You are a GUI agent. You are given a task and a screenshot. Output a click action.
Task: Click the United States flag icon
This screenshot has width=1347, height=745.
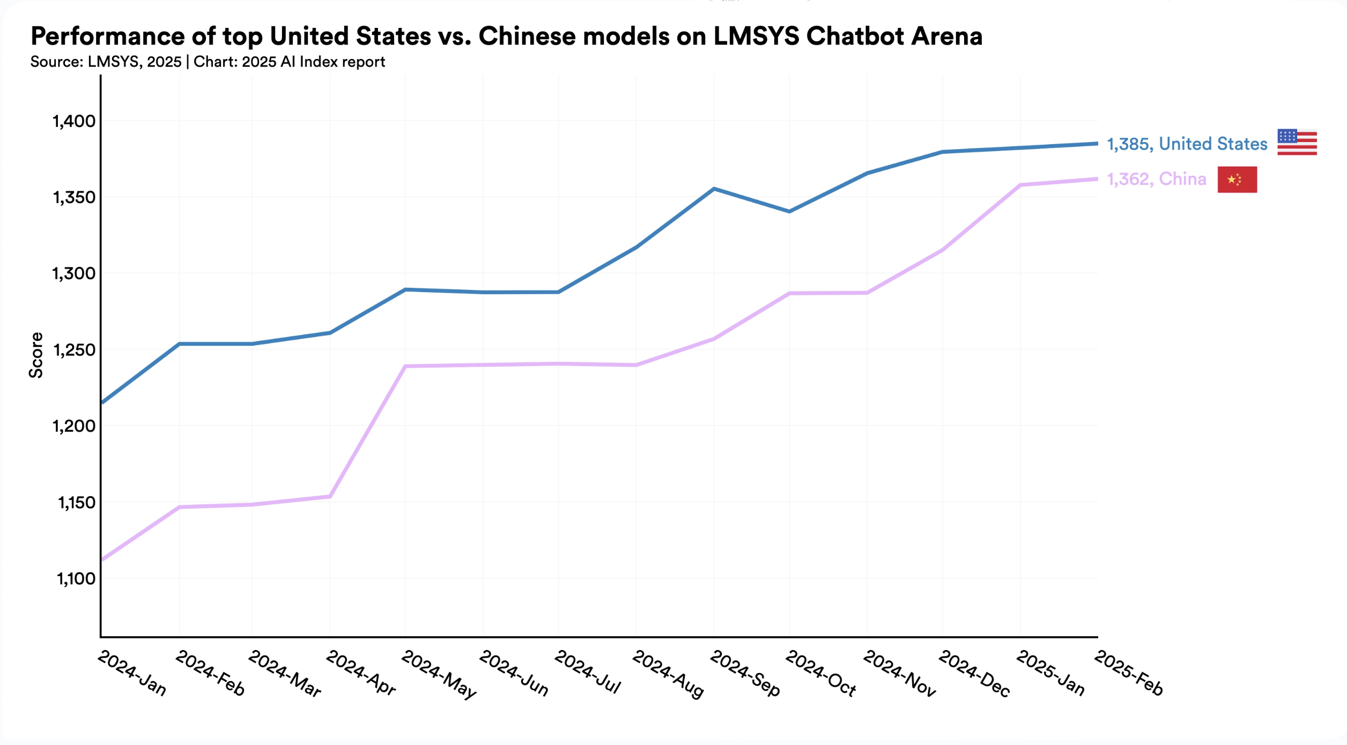1297,143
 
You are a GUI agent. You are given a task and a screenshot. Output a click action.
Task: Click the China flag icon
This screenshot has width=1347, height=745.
1237,180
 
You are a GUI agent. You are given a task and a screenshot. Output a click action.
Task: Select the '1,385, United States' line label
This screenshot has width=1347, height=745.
1187,144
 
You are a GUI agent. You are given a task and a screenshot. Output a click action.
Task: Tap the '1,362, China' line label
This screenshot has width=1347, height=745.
1156,179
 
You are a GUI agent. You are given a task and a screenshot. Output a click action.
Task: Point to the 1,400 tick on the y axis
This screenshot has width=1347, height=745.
74,122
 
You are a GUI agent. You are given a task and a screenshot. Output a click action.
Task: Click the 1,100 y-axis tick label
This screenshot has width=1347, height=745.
76,579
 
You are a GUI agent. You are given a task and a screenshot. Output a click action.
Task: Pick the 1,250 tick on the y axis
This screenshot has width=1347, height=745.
74,351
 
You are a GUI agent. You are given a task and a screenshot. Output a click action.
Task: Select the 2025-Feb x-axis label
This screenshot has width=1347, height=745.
1128,673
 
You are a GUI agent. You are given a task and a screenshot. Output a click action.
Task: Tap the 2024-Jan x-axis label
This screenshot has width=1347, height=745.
132,673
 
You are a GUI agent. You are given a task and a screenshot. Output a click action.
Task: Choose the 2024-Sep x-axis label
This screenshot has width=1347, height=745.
745,674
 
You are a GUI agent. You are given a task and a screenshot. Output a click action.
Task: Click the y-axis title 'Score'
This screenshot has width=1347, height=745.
36,355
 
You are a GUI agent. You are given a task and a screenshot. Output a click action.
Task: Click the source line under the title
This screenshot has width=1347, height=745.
208,62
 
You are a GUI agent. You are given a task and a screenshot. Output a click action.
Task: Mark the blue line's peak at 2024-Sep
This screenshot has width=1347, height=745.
714,189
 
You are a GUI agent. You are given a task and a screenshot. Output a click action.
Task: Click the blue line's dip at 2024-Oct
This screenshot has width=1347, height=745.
789,212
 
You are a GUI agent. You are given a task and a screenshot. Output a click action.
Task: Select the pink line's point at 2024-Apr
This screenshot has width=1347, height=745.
330,496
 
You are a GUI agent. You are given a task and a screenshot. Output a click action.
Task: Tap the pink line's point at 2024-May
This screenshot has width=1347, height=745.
405,367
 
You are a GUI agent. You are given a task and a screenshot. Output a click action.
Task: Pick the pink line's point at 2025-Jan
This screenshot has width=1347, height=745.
1019,185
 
